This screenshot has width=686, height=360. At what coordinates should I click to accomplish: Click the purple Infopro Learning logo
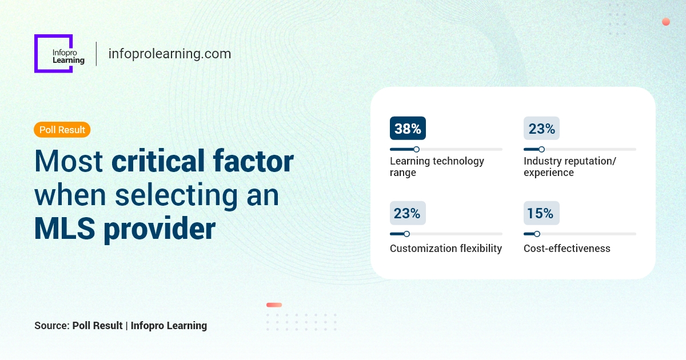tap(54, 54)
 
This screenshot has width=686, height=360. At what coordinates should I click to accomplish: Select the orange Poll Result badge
tap(62, 130)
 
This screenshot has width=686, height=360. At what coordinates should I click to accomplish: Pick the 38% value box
tap(408, 129)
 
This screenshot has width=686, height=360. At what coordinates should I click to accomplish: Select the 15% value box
tap(541, 213)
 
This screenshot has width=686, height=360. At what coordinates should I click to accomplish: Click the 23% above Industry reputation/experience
tap(541, 129)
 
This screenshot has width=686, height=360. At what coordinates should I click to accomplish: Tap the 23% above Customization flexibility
tap(408, 213)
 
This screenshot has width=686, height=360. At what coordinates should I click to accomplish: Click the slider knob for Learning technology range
tap(416, 149)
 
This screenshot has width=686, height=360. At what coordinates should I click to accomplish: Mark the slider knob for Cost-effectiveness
tap(537, 234)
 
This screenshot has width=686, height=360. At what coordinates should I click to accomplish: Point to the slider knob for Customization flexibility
tap(406, 234)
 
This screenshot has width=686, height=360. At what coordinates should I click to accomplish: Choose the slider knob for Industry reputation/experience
tap(541, 149)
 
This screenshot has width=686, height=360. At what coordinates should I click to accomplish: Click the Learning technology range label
tap(437, 167)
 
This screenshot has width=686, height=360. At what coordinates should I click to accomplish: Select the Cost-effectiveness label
tap(567, 249)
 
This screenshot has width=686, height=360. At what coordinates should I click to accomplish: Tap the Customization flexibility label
tap(446, 249)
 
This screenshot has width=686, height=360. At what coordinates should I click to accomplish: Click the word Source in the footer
tap(51, 326)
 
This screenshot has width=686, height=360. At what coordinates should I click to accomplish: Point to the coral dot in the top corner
tap(666, 22)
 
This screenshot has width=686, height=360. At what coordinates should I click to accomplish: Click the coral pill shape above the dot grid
tap(274, 305)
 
